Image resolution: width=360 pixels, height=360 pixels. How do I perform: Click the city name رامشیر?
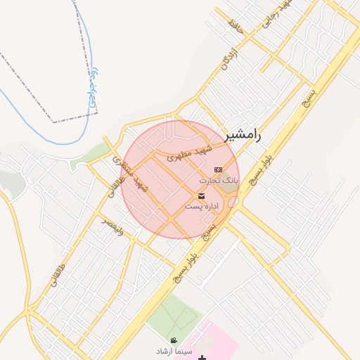(x=243, y=136)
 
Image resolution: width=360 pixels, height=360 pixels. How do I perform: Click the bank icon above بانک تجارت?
(x=218, y=169)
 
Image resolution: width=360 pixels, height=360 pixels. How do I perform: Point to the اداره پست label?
(x=202, y=206)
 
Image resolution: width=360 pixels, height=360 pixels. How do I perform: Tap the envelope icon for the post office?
(x=202, y=195)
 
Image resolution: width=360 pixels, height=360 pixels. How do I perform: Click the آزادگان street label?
(x=225, y=57)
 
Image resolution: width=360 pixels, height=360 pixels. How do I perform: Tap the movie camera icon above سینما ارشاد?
(x=174, y=340)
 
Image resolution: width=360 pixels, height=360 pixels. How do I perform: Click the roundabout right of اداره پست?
(x=234, y=202)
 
